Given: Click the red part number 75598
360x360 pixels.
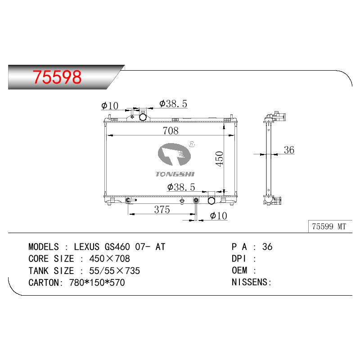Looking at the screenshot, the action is (x=57, y=77).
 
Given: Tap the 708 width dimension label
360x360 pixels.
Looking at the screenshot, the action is (x=171, y=130).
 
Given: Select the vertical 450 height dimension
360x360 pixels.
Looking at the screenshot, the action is (x=220, y=159).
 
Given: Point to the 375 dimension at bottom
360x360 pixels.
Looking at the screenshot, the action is (x=162, y=209).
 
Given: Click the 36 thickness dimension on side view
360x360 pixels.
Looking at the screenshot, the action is (x=289, y=150).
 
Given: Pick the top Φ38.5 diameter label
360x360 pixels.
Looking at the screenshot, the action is (x=173, y=104).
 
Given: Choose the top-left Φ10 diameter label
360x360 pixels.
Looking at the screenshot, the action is (x=110, y=106).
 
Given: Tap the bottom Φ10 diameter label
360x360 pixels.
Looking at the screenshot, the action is (x=219, y=216).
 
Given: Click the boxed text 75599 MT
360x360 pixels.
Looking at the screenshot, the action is (x=329, y=226).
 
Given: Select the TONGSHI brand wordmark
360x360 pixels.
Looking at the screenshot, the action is (x=175, y=174).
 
